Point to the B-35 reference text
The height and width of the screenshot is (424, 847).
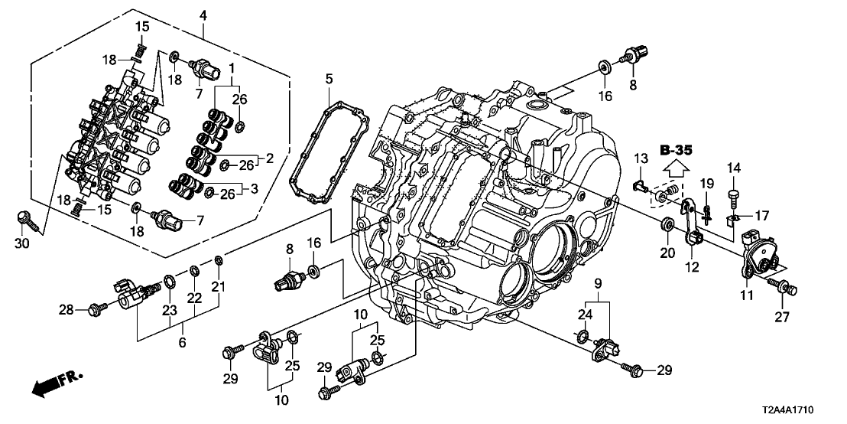[676, 150]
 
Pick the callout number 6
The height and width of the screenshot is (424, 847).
[183, 344]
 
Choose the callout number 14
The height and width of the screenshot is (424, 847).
[735, 168]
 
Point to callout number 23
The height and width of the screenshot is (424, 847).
[168, 310]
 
